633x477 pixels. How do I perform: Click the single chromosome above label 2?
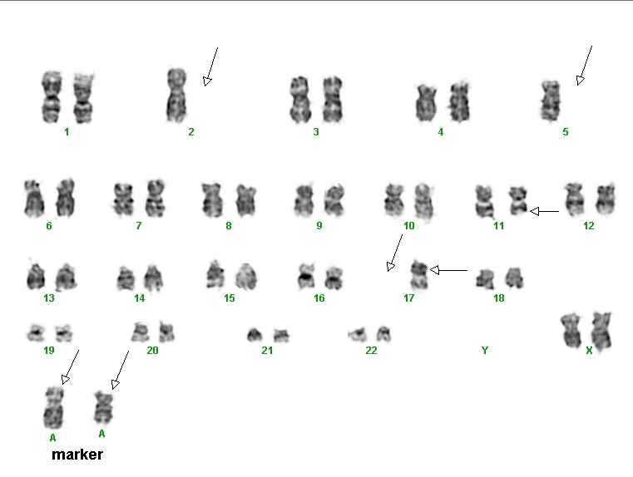(x=176, y=96)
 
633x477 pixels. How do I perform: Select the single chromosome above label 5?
(x=551, y=101)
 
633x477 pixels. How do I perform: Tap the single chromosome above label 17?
(x=419, y=275)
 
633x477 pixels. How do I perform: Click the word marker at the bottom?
(x=77, y=455)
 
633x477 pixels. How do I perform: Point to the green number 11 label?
(x=499, y=226)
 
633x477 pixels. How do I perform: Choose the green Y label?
(x=485, y=351)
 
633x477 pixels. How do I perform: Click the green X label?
(x=589, y=351)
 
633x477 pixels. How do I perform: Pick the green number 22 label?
(x=371, y=351)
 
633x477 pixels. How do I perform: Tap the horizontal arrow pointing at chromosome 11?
(x=544, y=211)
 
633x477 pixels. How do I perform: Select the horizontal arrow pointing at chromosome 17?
(x=448, y=270)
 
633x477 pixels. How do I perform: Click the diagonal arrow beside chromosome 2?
(x=210, y=66)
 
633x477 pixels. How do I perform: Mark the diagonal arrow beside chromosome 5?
(x=584, y=66)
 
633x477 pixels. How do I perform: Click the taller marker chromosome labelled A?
(x=53, y=408)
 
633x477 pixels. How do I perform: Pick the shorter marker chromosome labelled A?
(x=103, y=407)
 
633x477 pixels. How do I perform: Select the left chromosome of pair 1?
(x=52, y=97)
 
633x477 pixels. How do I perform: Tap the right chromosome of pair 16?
(x=334, y=278)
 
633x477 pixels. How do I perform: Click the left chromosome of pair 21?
(x=255, y=335)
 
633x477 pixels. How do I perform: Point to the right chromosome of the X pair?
(x=601, y=331)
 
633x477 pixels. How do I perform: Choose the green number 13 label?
(x=49, y=298)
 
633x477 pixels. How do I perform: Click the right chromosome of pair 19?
(x=63, y=333)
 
